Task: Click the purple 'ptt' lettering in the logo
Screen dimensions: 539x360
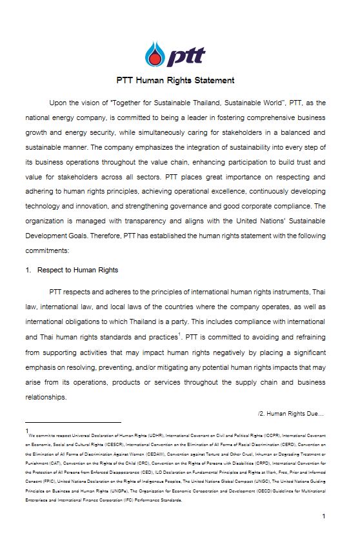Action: pos(186,56)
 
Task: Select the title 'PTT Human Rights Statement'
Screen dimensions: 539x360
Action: pos(175,81)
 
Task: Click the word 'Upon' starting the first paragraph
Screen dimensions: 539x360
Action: pos(59,103)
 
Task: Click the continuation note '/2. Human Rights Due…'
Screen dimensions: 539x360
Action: pos(290,413)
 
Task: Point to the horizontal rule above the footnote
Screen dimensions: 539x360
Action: pos(73,422)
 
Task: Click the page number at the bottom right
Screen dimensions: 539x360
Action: pos(323,516)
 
